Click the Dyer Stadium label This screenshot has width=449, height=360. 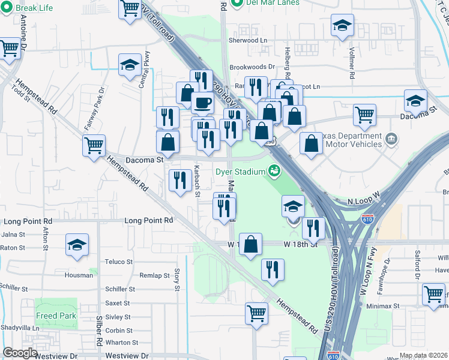[x=240, y=172]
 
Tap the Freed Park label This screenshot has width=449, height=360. [x=55, y=316]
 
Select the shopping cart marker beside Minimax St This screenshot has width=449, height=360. [x=433, y=294]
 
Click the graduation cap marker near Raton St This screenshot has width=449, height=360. [x=76, y=245]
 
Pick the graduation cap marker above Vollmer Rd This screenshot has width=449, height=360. [x=342, y=26]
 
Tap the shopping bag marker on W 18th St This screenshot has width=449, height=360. [x=252, y=244]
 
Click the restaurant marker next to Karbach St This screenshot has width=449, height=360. [x=180, y=180]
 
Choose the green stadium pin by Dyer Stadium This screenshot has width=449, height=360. [x=274, y=172]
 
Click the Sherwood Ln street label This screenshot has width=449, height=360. [x=247, y=40]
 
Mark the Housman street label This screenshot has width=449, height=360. [x=79, y=275]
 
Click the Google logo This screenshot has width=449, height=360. [x=20, y=353]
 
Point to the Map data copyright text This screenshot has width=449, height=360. [x=424, y=356]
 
